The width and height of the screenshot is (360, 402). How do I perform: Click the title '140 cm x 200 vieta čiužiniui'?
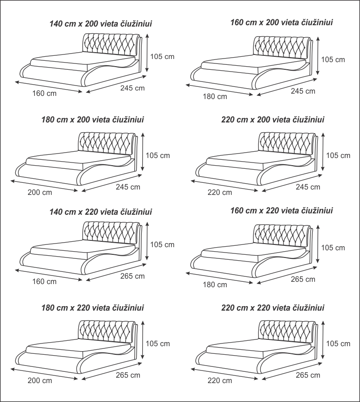(x=100, y=24)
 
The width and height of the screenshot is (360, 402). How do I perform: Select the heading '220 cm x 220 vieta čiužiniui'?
(x=273, y=307)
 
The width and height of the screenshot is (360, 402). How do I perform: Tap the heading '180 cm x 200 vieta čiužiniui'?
(x=93, y=120)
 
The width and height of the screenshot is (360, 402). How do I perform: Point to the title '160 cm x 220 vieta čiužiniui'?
(x=281, y=211)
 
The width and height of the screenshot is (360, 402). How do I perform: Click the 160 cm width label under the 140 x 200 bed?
(x=45, y=93)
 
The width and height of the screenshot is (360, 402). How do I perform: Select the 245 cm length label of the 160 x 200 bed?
(x=303, y=91)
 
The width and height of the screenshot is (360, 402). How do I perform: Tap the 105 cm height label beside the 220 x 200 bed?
(x=338, y=155)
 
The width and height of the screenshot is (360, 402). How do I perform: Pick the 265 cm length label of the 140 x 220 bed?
(x=132, y=276)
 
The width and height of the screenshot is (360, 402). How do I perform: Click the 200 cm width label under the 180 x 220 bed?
(x=40, y=380)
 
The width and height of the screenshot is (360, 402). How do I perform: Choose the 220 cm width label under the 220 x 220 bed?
(x=220, y=380)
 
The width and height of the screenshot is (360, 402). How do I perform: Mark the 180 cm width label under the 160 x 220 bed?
(x=215, y=285)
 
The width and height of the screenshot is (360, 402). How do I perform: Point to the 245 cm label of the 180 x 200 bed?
(x=128, y=187)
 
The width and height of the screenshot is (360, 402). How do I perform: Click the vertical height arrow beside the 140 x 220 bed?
(x=147, y=241)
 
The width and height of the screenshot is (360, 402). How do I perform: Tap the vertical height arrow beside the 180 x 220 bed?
(x=143, y=339)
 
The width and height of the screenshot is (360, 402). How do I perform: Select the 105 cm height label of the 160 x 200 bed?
(x=333, y=59)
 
